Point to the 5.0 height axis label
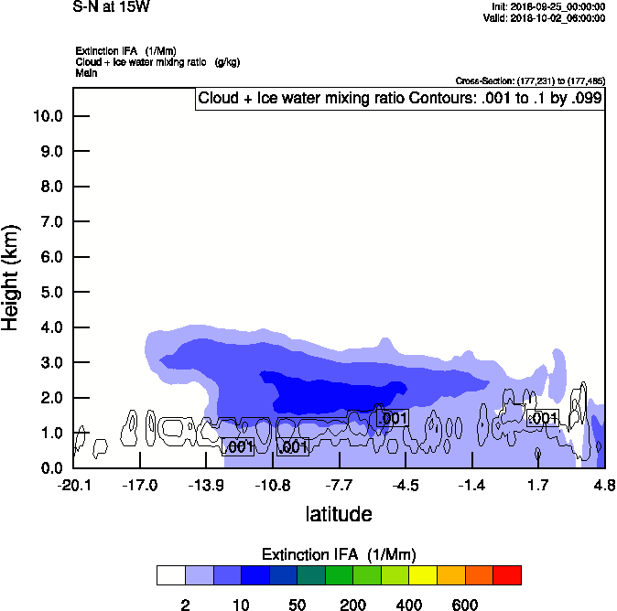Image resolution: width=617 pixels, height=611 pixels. (50, 292)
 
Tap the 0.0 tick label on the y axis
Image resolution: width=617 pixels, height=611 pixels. (50, 468)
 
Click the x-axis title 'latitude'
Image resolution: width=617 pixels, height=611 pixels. (339, 514)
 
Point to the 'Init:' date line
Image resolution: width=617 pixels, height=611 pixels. (548, 6)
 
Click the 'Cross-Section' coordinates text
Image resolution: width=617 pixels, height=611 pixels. (529, 80)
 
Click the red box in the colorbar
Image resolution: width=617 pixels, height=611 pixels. (507, 575)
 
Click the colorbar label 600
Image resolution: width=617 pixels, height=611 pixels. (465, 605)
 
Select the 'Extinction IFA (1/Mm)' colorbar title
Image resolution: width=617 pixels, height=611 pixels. (339, 554)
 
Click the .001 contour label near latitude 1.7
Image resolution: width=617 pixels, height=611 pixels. (542, 418)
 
